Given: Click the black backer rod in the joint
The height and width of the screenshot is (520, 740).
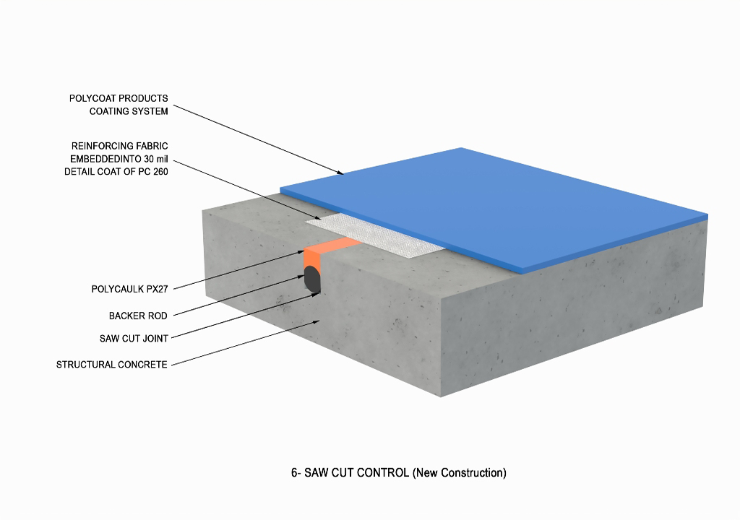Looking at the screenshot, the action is coord(312,279).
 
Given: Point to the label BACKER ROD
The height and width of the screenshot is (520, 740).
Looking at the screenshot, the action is coord(138,316).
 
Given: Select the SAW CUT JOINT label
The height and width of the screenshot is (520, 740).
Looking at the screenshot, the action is coord(134,338).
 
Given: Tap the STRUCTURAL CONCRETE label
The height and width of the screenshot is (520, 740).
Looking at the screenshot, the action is coord(112,365).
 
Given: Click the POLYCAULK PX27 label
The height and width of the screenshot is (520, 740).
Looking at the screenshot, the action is coord(130,289).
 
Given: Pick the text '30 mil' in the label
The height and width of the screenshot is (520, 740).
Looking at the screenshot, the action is coord(156,159).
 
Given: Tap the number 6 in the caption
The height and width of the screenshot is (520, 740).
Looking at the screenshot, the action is coord(294,473).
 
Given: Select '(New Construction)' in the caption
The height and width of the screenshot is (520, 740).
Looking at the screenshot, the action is coord(460,473).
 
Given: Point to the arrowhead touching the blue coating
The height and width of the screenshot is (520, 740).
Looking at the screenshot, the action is coord(340,173).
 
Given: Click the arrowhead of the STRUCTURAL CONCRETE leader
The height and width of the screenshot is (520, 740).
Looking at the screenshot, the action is coord(316,321).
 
